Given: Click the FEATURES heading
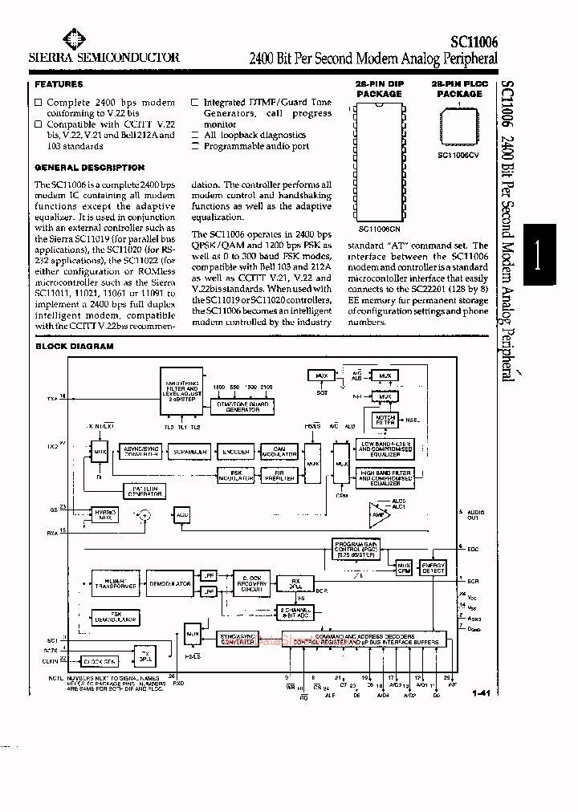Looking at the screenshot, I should tap(59, 84).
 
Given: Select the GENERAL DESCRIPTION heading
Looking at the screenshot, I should tap(89, 168).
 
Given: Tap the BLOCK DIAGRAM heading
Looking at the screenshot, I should tap(74, 346).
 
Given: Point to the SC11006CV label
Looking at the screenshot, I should tap(459, 155).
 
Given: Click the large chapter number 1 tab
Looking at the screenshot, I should tap(539, 258).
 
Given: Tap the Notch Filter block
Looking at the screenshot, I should tap(385, 420).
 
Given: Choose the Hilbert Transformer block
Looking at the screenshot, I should tap(116, 584).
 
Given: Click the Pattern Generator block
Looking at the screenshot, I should tap(143, 489).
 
